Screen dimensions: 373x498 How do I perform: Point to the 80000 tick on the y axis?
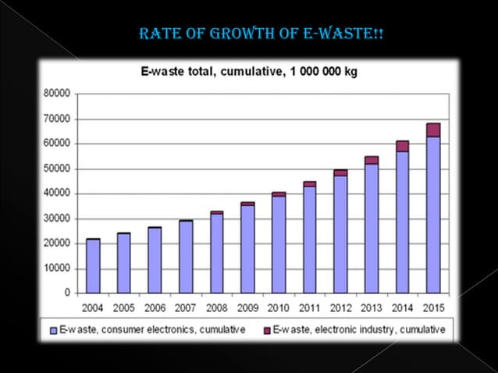[x=57, y=94]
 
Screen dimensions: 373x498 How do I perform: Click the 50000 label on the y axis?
[x=57, y=169]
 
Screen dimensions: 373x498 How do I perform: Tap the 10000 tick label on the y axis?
[x=57, y=268]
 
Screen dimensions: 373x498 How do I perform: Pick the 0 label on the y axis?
[x=68, y=293]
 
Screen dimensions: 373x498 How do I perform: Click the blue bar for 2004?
[x=93, y=265]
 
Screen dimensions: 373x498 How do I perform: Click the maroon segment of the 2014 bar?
[x=402, y=146]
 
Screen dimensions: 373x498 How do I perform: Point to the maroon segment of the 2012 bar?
[x=340, y=172]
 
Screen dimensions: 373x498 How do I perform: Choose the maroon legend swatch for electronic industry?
[x=265, y=330]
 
